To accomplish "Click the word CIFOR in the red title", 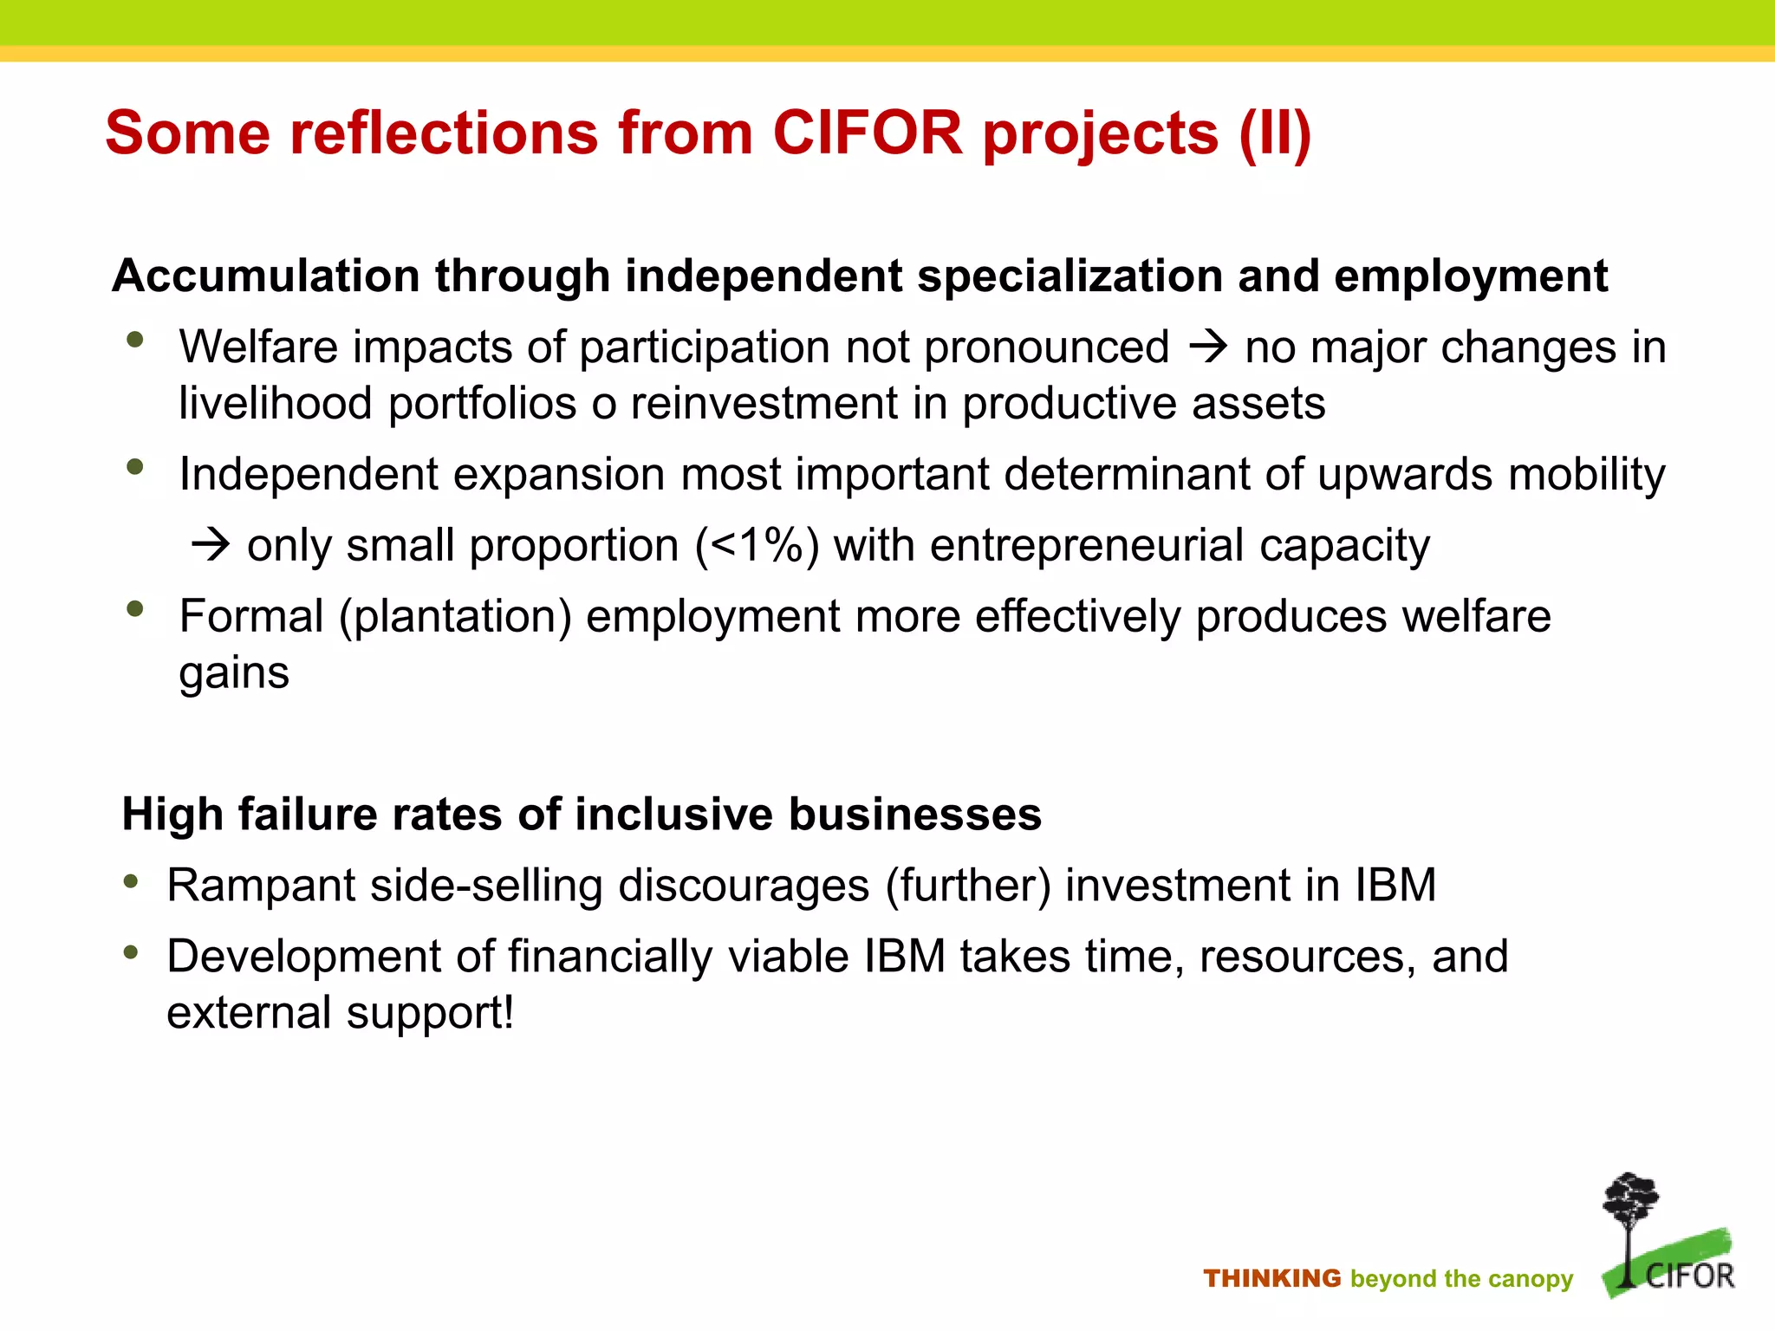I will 867,133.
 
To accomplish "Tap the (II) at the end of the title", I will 1274,135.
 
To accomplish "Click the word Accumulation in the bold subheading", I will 265,276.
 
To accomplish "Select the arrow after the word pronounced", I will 1207,347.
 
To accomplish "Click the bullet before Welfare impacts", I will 134,340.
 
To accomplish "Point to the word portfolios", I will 482,405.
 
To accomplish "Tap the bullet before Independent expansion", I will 134,467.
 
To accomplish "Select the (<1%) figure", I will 757,546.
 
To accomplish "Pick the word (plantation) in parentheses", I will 455,617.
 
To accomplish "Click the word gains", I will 234,673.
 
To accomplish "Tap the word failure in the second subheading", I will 309,815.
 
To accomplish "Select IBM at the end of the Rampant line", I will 1395,886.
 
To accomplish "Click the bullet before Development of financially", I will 131,953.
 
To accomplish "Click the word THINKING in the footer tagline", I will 1271,1278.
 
